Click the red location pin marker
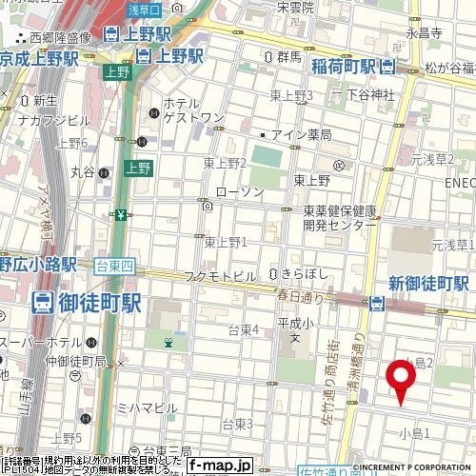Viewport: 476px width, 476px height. tap(401, 381)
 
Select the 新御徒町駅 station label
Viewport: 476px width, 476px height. tap(429, 283)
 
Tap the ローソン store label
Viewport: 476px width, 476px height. tap(239, 191)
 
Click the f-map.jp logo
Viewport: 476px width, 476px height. tap(219, 465)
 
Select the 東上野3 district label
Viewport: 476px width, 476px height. tap(291, 95)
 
